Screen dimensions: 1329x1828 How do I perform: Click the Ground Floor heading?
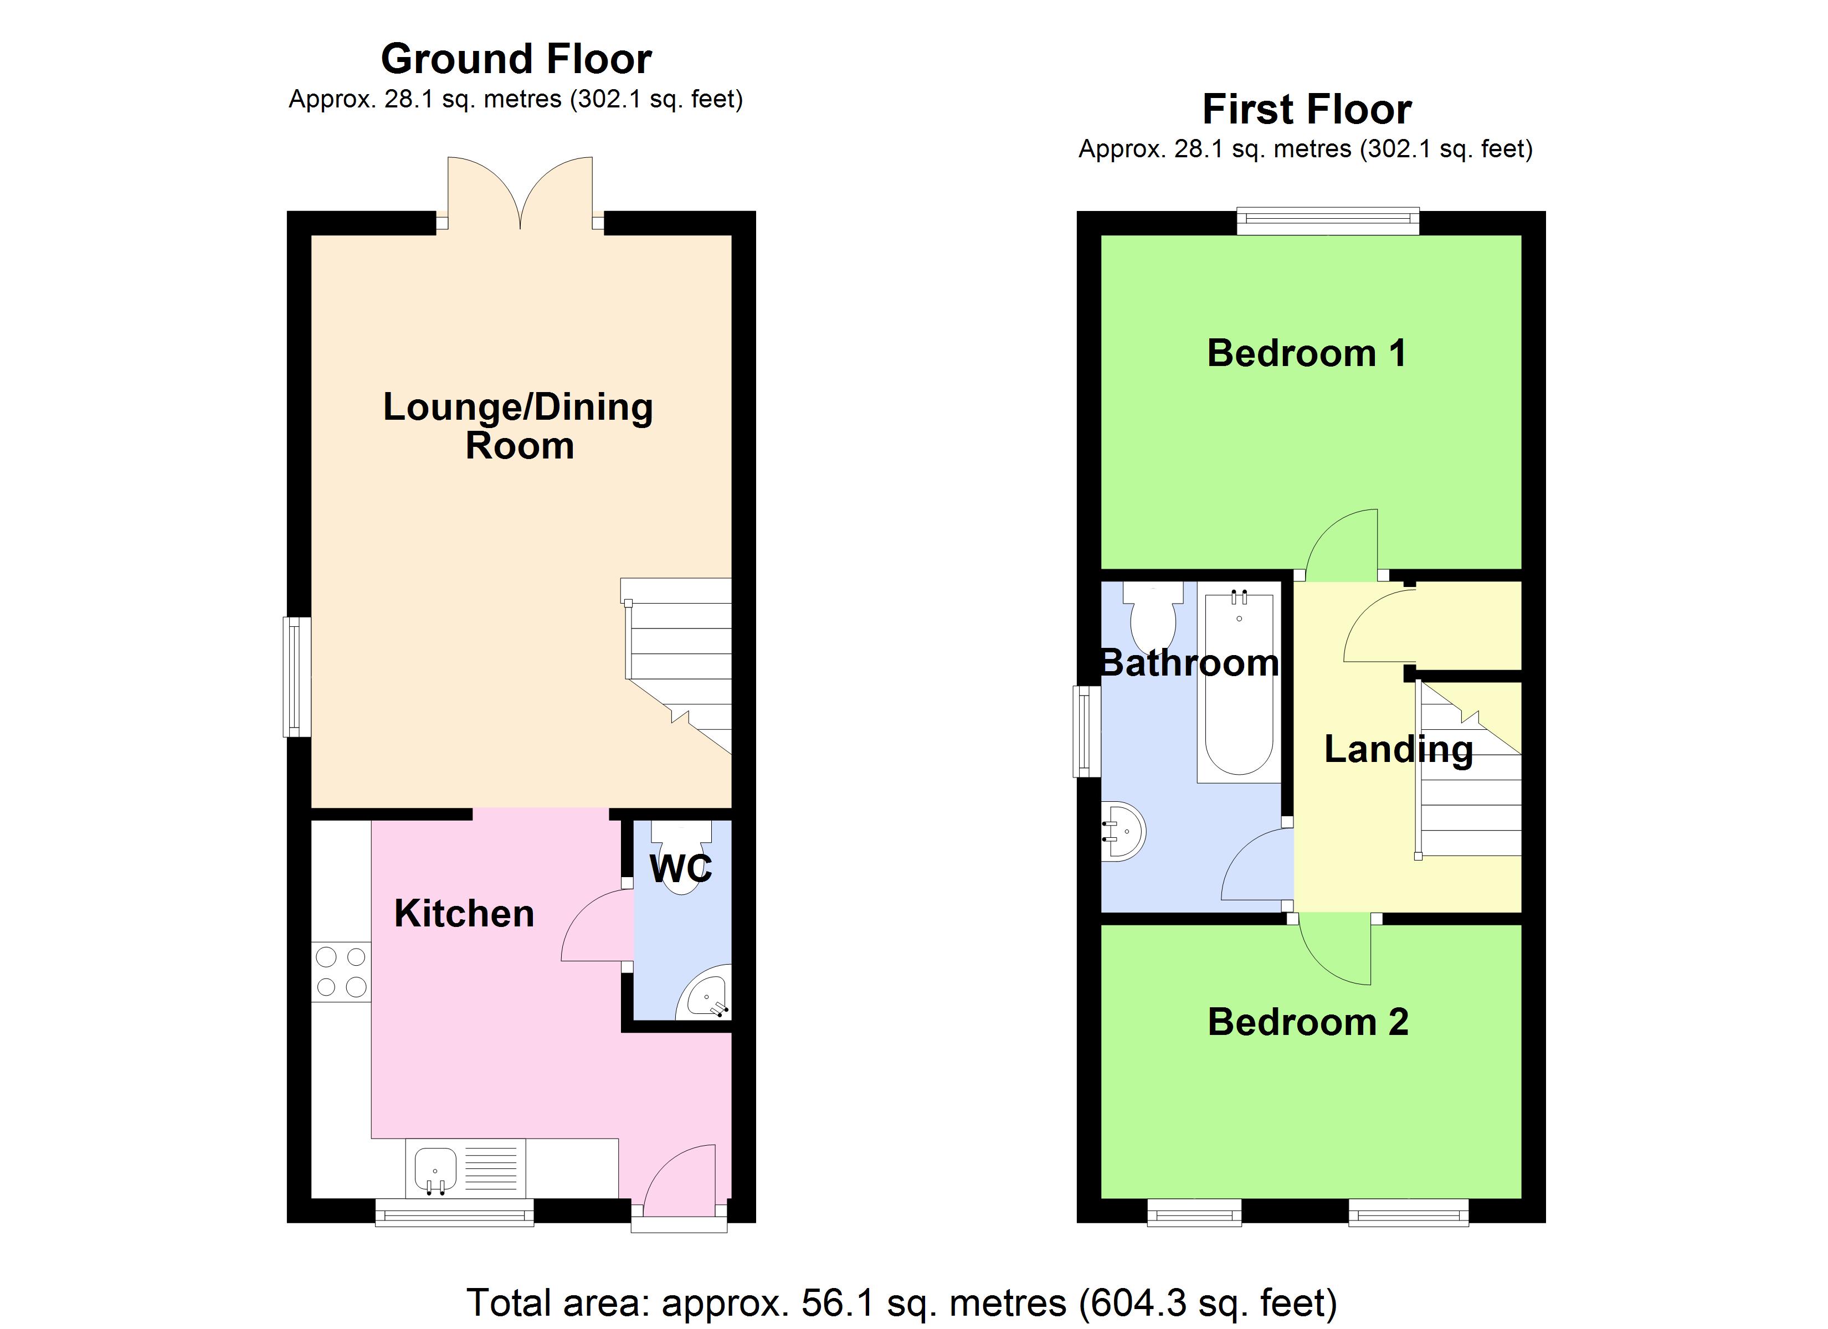[516, 59]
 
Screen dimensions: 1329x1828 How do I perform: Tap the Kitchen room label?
[464, 914]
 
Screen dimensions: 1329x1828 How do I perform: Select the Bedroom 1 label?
[1307, 353]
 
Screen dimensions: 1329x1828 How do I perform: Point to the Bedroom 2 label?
[1307, 1022]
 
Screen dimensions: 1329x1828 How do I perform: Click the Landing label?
[1398, 750]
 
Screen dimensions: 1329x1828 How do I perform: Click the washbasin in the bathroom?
[1123, 831]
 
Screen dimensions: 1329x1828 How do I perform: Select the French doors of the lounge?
[520, 193]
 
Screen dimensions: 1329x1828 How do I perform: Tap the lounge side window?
[296, 677]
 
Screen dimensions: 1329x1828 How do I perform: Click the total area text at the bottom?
[902, 1303]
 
